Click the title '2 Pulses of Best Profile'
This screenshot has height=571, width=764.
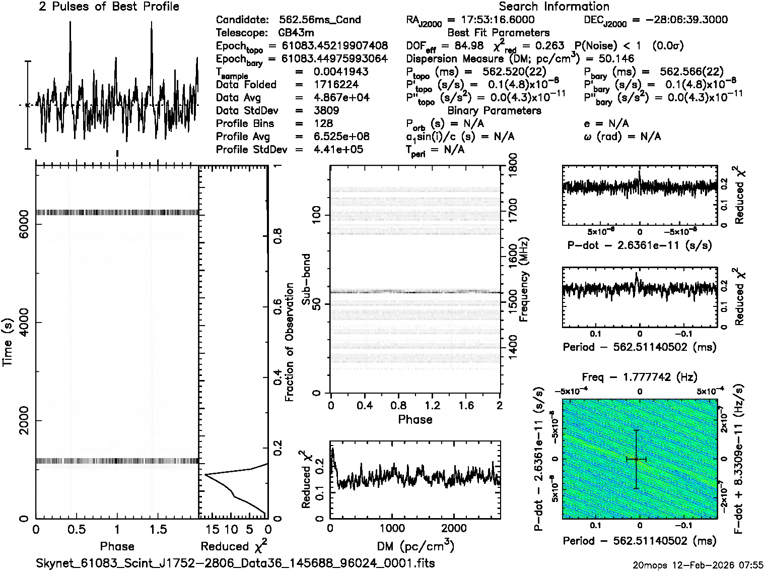[x=109, y=7]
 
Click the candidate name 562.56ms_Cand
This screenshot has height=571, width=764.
[x=320, y=20]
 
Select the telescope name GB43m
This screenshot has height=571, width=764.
[x=296, y=33]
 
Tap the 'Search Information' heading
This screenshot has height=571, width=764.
[x=553, y=7]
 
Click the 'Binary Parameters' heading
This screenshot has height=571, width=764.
[x=494, y=110]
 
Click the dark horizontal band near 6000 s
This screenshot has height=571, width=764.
[x=117, y=212]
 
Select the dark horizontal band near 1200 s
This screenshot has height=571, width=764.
[x=117, y=461]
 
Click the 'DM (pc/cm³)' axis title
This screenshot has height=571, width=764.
[x=415, y=546]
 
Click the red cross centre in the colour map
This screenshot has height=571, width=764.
[x=636, y=459]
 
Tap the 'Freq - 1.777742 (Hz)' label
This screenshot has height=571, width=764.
[x=640, y=377]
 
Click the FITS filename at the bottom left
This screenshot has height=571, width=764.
[x=235, y=562]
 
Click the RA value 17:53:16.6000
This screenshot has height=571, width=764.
[x=491, y=20]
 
